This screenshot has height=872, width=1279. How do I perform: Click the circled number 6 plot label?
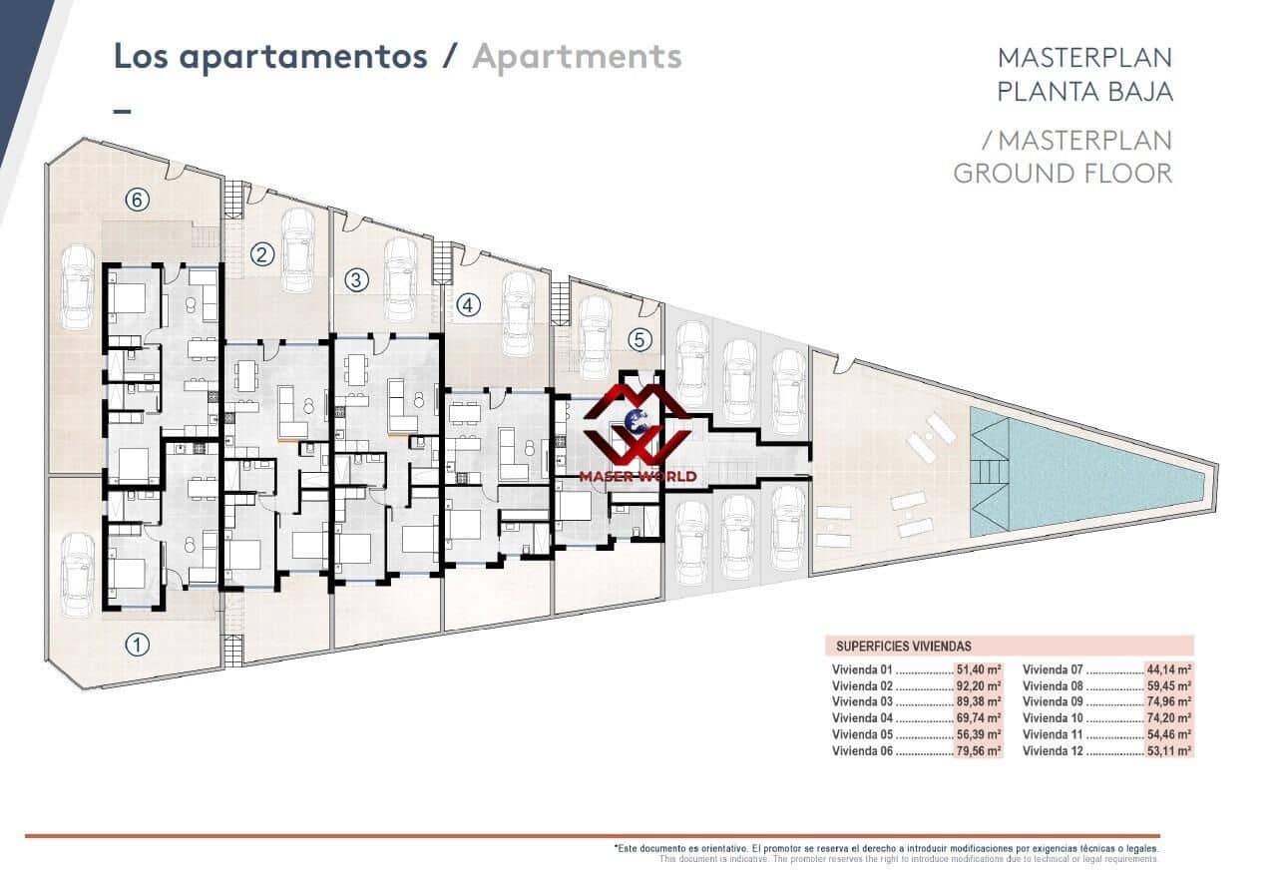point(137,200)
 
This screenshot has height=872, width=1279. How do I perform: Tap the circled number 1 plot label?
point(137,646)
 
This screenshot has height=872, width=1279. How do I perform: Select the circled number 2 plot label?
point(262,254)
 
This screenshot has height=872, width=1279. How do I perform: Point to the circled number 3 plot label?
point(357,280)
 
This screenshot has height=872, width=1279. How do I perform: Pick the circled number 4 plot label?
point(468,305)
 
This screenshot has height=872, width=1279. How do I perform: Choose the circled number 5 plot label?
point(639,340)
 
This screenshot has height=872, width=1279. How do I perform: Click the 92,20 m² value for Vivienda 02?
point(979,685)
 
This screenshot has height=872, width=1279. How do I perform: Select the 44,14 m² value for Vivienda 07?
point(1169,669)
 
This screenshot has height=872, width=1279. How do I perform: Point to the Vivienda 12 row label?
point(1053,751)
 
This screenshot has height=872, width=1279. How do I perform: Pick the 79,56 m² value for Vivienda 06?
point(979,751)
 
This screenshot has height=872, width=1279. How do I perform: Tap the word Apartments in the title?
point(578,57)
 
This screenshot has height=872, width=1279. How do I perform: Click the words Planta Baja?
point(1084,92)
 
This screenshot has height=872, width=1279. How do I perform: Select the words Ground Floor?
point(1063,174)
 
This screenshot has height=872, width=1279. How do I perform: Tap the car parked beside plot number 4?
point(519,314)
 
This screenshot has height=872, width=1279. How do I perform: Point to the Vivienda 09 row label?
point(1053,701)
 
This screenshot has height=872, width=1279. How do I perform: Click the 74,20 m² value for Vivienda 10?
point(1169,718)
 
